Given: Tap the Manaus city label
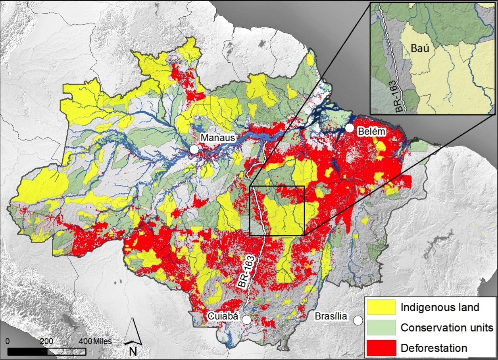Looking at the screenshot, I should pos(218,138).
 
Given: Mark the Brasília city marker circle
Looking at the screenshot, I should pos(359,320).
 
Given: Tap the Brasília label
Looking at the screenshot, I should pos(331,317).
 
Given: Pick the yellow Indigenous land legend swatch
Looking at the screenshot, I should pos(381,307).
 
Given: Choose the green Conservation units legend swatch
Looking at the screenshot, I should pos(381,328).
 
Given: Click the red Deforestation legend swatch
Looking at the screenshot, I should pos(381,348).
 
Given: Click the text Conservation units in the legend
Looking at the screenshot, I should pos(447,328).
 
